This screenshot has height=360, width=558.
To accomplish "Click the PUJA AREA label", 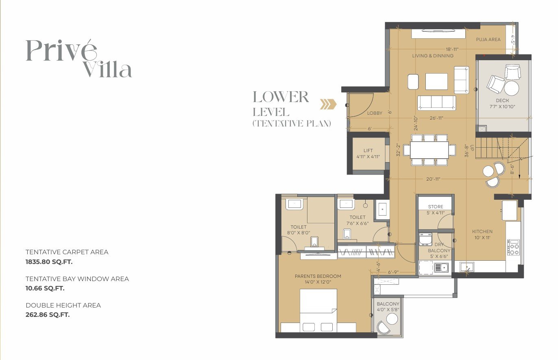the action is coord(488,39).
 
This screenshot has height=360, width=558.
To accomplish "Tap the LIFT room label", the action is coord(368,153).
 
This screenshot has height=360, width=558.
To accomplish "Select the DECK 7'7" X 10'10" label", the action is coord(502,103).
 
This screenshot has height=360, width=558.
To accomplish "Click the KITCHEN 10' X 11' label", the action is coord(482,234).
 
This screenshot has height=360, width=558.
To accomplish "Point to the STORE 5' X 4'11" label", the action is coord(436,209).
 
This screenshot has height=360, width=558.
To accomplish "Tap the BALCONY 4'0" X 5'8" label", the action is coord(388,306).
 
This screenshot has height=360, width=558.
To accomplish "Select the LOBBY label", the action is coord(375,113).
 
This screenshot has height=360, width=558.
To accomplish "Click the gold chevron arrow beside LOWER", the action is coord(328,104).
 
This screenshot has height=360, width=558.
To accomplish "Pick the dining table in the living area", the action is coord(429,150).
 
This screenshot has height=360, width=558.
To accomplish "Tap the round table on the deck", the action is coord(511,88).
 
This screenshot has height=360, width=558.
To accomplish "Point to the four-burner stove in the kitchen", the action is coord(513,247).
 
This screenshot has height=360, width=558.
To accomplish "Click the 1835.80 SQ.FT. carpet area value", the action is coord(49,262).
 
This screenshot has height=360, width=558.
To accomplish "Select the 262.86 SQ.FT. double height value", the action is coord(48,315).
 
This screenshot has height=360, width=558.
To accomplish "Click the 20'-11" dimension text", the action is coord(433,179).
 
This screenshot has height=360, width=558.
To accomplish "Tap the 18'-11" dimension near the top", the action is coord(452,49).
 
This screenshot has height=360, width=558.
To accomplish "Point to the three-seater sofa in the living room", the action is coord(436,103).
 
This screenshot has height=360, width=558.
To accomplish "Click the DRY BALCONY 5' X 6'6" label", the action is coord(439,251).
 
